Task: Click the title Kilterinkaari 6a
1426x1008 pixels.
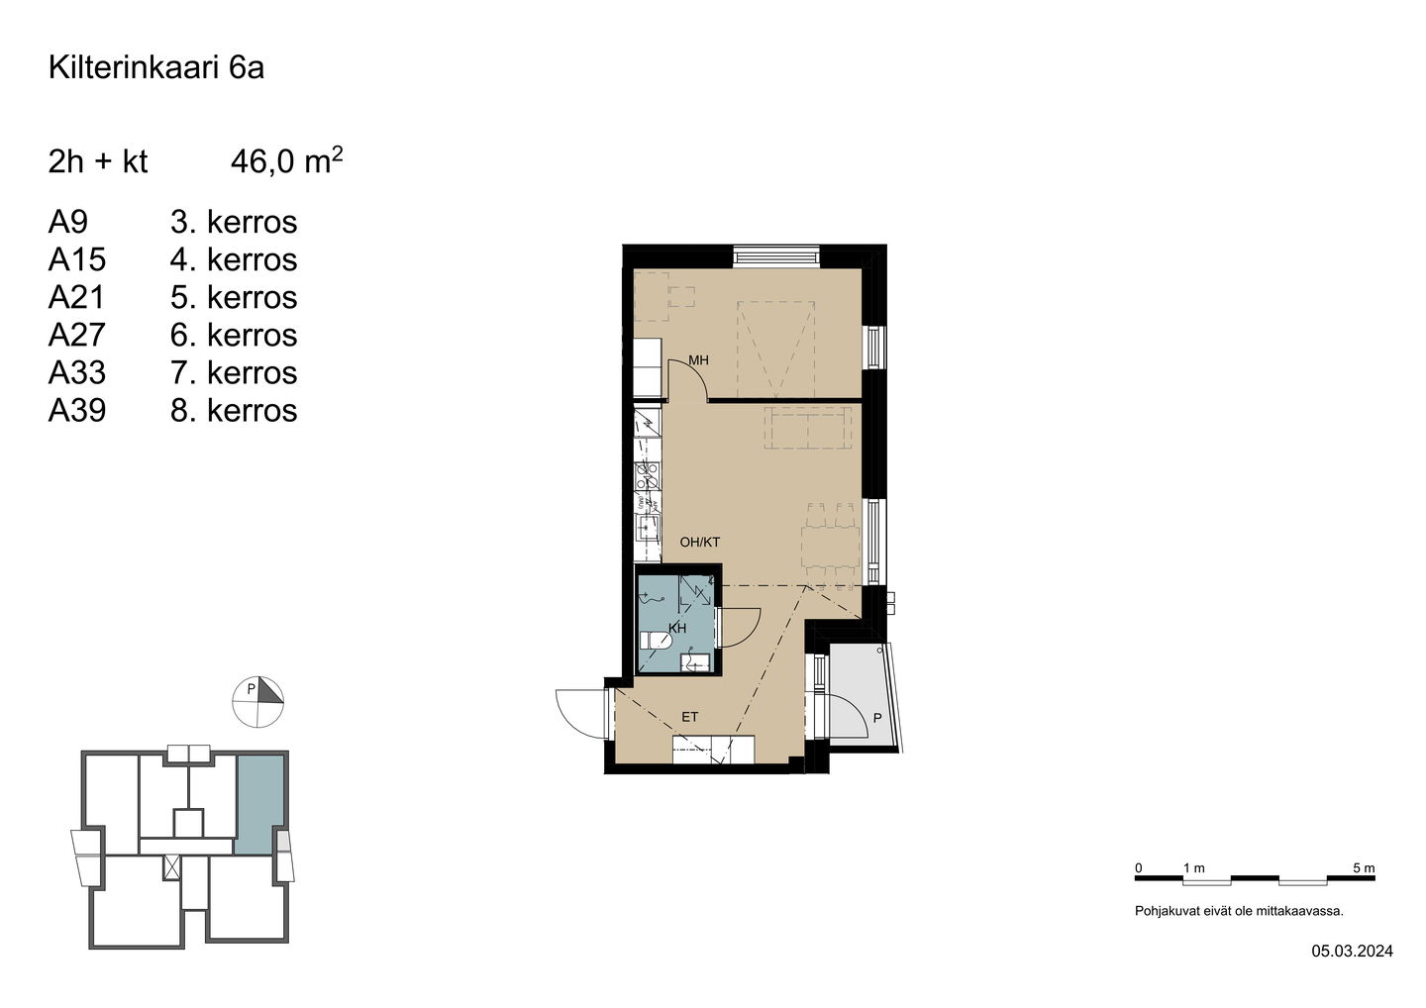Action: click(x=156, y=67)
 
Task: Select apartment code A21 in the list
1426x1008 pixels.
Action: click(x=76, y=297)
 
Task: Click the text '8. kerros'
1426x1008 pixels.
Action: click(x=234, y=411)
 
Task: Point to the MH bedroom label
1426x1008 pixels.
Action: click(x=698, y=360)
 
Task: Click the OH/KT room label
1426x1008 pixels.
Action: click(x=699, y=543)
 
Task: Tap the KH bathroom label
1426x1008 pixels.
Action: click(x=678, y=628)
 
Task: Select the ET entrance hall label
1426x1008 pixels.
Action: click(x=690, y=717)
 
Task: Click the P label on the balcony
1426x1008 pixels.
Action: click(x=877, y=719)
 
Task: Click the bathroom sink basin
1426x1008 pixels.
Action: click(x=694, y=662)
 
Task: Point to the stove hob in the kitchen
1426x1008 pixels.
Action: click(x=648, y=475)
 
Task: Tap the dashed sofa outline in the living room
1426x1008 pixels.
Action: click(x=808, y=428)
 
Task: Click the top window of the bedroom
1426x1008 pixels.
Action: click(x=776, y=256)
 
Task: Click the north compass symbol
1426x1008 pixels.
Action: click(x=257, y=702)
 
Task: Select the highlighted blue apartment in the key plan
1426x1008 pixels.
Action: click(x=259, y=804)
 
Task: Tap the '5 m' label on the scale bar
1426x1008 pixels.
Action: click(x=1364, y=868)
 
